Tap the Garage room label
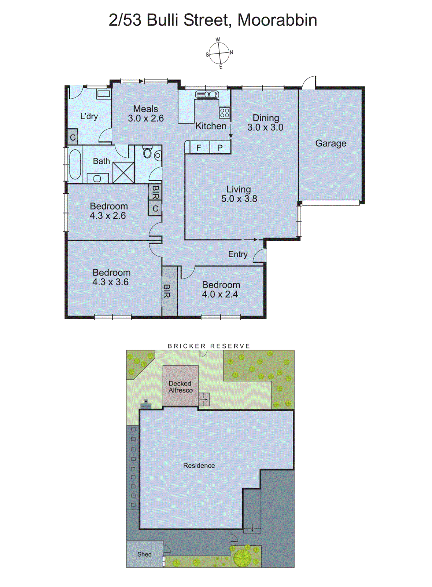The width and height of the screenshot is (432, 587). click(x=331, y=143)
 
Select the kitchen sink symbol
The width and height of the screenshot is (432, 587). click(x=207, y=95)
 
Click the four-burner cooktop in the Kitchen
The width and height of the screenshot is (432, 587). click(x=224, y=113)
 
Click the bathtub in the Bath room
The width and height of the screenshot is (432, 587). click(x=75, y=164)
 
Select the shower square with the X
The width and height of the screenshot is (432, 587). click(x=123, y=172)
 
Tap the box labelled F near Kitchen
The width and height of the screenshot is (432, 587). click(x=199, y=147)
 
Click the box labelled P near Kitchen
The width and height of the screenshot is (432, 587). click(x=220, y=147)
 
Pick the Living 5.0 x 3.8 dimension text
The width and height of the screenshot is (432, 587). click(x=239, y=199)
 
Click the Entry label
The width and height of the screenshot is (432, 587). click(x=237, y=254)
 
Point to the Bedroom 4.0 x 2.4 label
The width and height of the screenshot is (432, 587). click(x=221, y=289)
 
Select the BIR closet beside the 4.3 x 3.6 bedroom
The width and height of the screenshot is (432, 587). click(x=169, y=291)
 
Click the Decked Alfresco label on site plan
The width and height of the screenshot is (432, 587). click(x=180, y=387)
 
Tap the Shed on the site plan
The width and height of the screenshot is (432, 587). click(x=144, y=554)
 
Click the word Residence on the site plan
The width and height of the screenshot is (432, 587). click(x=199, y=466)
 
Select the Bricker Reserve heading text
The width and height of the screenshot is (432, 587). click(x=209, y=346)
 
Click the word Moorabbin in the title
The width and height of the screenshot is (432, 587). click(x=277, y=20)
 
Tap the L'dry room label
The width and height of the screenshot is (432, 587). click(x=89, y=116)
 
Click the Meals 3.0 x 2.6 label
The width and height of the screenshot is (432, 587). click(x=145, y=113)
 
